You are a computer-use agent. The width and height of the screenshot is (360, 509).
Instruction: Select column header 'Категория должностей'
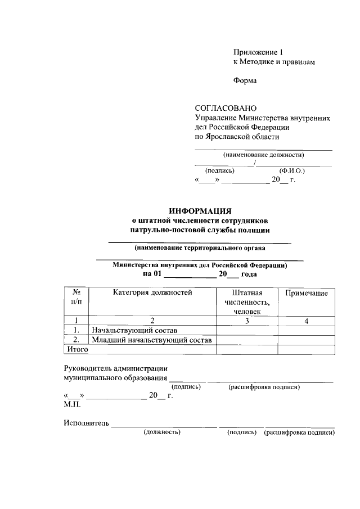152,292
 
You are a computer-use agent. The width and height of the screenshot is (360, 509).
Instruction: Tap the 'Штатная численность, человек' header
247,302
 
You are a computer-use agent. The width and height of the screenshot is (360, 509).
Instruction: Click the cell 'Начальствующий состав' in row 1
138,330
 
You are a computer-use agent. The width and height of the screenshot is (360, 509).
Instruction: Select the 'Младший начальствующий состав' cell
152,340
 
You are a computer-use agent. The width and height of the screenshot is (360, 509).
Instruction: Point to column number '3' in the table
247,321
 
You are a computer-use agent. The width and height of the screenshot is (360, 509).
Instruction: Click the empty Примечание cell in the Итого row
306,349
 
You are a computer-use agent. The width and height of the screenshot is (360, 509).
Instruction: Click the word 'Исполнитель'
86,423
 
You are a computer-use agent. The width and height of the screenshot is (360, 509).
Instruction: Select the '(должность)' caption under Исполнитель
162,433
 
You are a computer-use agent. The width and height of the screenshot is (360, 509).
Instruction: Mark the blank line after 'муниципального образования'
187,379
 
